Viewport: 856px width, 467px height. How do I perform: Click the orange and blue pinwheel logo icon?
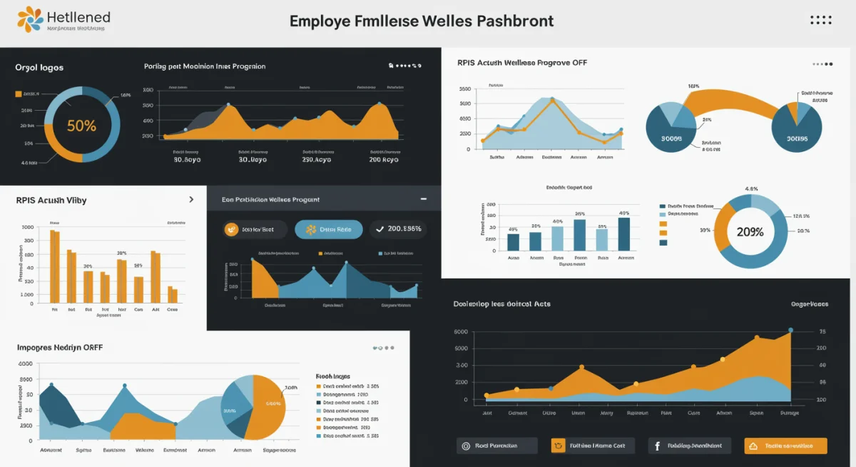click(x=29, y=20)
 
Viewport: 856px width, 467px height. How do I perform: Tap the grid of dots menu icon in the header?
click(x=821, y=20)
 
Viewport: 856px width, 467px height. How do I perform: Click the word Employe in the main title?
click(x=319, y=21)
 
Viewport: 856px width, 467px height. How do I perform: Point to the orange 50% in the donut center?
click(x=81, y=126)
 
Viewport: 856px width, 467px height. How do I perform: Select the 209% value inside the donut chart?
click(x=750, y=232)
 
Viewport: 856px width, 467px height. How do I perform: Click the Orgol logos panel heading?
click(x=39, y=68)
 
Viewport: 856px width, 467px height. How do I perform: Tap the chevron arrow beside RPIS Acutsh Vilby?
click(x=191, y=200)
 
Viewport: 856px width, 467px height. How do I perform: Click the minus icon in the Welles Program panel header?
click(x=424, y=199)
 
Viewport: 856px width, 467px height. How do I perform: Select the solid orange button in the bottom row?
click(x=785, y=446)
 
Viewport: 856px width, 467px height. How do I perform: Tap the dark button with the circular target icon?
click(x=496, y=446)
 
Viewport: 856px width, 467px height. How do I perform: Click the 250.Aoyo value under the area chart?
click(x=317, y=160)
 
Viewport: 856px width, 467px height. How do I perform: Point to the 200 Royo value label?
click(x=384, y=160)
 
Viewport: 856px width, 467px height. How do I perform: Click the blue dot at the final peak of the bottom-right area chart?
click(x=790, y=331)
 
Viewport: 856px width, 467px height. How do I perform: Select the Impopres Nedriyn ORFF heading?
click(x=60, y=348)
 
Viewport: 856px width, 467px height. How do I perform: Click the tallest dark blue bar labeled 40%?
click(x=624, y=234)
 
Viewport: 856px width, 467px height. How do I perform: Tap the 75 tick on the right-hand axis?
click(x=822, y=332)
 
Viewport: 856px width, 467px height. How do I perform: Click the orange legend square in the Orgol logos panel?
click(x=18, y=94)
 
